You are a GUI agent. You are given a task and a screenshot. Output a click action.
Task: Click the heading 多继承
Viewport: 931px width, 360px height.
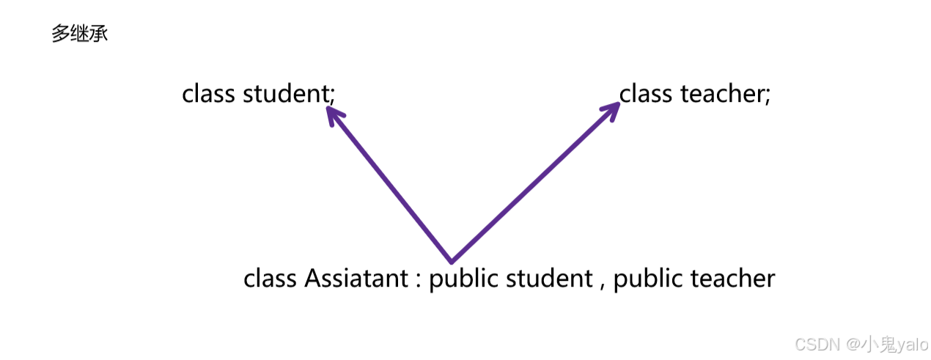tap(80, 34)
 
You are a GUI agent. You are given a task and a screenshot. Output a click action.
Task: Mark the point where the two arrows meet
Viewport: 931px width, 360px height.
tap(451, 261)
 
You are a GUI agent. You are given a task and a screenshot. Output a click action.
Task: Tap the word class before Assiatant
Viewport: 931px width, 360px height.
tap(270, 279)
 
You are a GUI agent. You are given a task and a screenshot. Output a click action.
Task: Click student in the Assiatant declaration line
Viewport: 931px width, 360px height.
tap(549, 279)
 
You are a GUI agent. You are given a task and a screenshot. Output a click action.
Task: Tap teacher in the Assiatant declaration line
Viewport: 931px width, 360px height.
tap(733, 279)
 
